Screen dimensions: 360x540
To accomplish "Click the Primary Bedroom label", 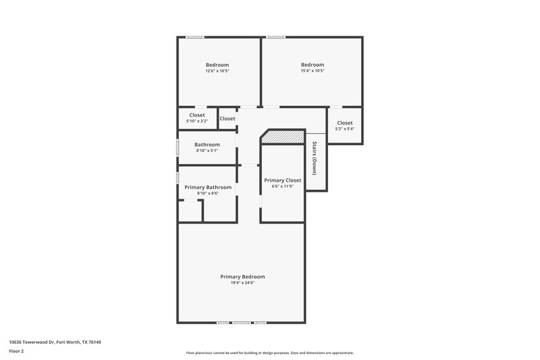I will click(242, 276).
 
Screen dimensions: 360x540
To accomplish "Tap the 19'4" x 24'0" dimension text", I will click(242, 283).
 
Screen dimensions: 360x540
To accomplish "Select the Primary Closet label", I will click(282, 180).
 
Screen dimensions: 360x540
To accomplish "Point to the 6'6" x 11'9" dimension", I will click(282, 187).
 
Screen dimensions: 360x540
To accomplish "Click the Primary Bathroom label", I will click(208, 187).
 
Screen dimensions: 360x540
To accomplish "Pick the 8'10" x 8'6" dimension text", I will click(208, 193).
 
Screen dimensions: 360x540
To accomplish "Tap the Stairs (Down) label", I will click(315, 159).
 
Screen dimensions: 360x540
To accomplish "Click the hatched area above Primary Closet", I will click(283, 137).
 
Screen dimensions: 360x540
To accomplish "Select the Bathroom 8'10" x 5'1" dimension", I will click(207, 151).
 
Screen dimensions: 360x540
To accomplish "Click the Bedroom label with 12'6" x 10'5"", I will click(217, 65).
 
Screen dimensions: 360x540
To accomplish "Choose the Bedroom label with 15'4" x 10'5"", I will click(313, 65).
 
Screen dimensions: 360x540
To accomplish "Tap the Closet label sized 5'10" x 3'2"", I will click(197, 115).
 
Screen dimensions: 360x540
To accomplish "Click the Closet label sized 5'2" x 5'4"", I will click(345, 123).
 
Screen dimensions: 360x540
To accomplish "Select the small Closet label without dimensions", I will click(227, 119).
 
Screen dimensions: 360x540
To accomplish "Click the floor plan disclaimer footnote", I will click(269, 353).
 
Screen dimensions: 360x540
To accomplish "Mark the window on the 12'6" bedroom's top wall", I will click(195, 37).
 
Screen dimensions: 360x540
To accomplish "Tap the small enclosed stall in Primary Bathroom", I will click(190, 211).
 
